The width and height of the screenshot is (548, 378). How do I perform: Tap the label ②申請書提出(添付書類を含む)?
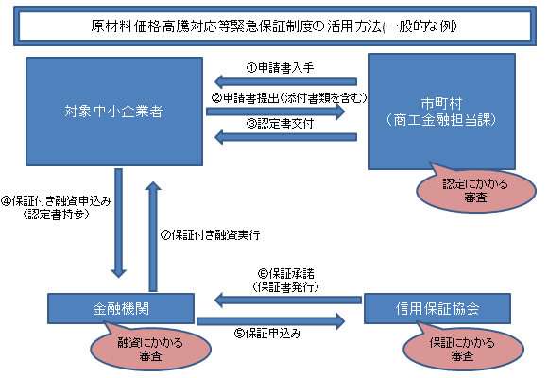click(x=283, y=97)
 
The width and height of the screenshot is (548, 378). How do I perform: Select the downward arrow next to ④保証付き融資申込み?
click(x=119, y=224)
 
